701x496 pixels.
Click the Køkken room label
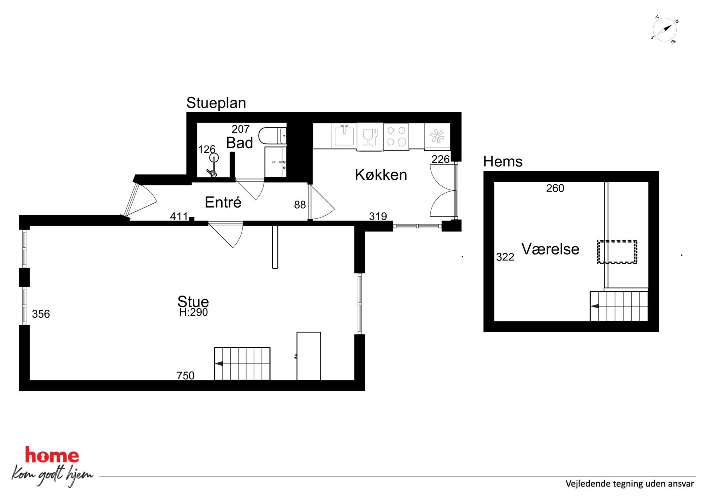381,175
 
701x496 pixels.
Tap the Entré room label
223,202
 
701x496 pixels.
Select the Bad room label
240,143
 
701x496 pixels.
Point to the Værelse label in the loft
550,249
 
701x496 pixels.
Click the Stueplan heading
216,103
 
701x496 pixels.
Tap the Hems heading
502,162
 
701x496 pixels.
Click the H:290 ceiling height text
193,312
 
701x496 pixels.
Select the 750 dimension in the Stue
185,375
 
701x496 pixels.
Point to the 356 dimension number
41,314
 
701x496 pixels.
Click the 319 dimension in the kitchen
378,216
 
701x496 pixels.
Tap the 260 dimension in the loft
555,188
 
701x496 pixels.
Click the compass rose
665,30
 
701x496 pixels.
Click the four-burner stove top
396,136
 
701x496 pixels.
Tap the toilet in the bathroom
272,136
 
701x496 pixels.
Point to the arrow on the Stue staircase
219,363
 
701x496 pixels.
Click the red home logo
52,455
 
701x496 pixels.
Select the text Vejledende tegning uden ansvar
630,484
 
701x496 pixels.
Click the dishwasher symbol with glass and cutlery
370,137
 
